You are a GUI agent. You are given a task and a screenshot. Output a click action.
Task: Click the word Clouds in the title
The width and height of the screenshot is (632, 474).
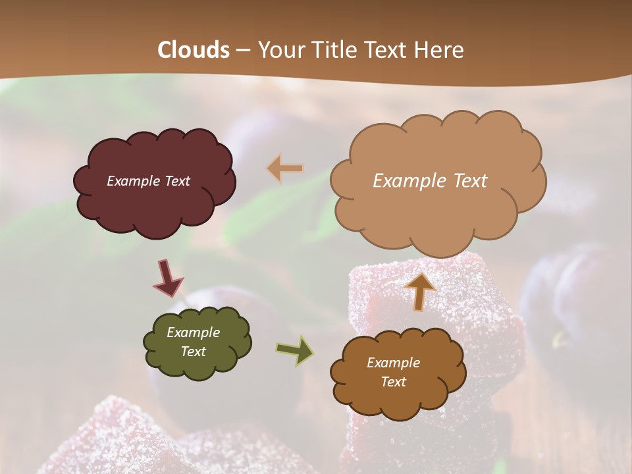tap(194, 50)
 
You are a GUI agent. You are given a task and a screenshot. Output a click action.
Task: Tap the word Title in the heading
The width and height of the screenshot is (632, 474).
tap(330, 50)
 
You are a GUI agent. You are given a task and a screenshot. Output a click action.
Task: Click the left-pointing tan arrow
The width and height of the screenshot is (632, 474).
tap(284, 169)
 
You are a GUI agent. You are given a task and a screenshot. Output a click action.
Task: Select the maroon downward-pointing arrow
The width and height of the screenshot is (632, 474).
tap(167, 278)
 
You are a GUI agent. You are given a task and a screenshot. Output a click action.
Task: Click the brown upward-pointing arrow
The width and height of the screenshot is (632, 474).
tap(420, 290)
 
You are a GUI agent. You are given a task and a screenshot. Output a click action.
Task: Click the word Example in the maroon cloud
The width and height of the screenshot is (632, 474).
tap(132, 181)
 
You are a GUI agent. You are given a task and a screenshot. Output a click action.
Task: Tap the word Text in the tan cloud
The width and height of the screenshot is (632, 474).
tap(466, 181)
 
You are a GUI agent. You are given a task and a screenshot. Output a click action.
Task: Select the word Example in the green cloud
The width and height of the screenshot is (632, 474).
tap(193, 332)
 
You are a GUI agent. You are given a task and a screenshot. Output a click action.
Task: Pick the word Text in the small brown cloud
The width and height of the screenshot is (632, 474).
tap(393, 382)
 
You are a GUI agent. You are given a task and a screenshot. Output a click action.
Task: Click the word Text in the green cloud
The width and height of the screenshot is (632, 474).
tap(193, 352)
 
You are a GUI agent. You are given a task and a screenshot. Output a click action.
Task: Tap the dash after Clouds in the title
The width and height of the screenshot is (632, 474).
tap(242, 50)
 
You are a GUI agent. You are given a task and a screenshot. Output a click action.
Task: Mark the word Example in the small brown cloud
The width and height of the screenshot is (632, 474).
tap(393, 363)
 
